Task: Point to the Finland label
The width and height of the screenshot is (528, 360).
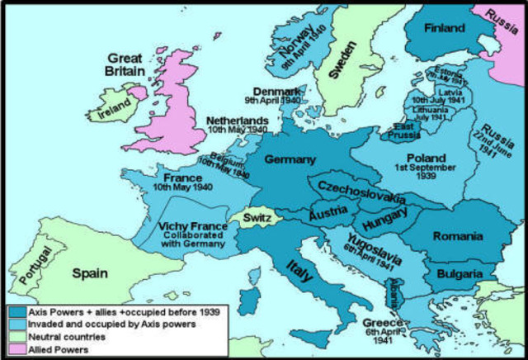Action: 445,28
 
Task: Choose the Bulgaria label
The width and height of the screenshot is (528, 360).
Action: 460,272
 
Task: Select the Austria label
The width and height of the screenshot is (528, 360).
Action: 327,213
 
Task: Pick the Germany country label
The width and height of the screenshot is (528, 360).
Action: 290,158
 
